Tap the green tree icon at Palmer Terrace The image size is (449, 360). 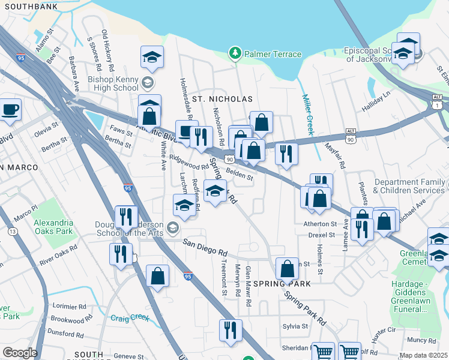pyautogui.click(x=235, y=55)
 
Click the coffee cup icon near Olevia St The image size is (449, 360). pyautogui.click(x=10, y=110)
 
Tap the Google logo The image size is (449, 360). pyautogui.click(x=19, y=353)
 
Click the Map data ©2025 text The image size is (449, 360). pyautogui.click(x=424, y=355)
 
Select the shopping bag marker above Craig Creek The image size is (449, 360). pyautogui.click(x=157, y=277)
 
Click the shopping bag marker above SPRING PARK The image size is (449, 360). pyautogui.click(x=288, y=268)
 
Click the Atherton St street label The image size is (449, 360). pyautogui.click(x=319, y=223)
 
